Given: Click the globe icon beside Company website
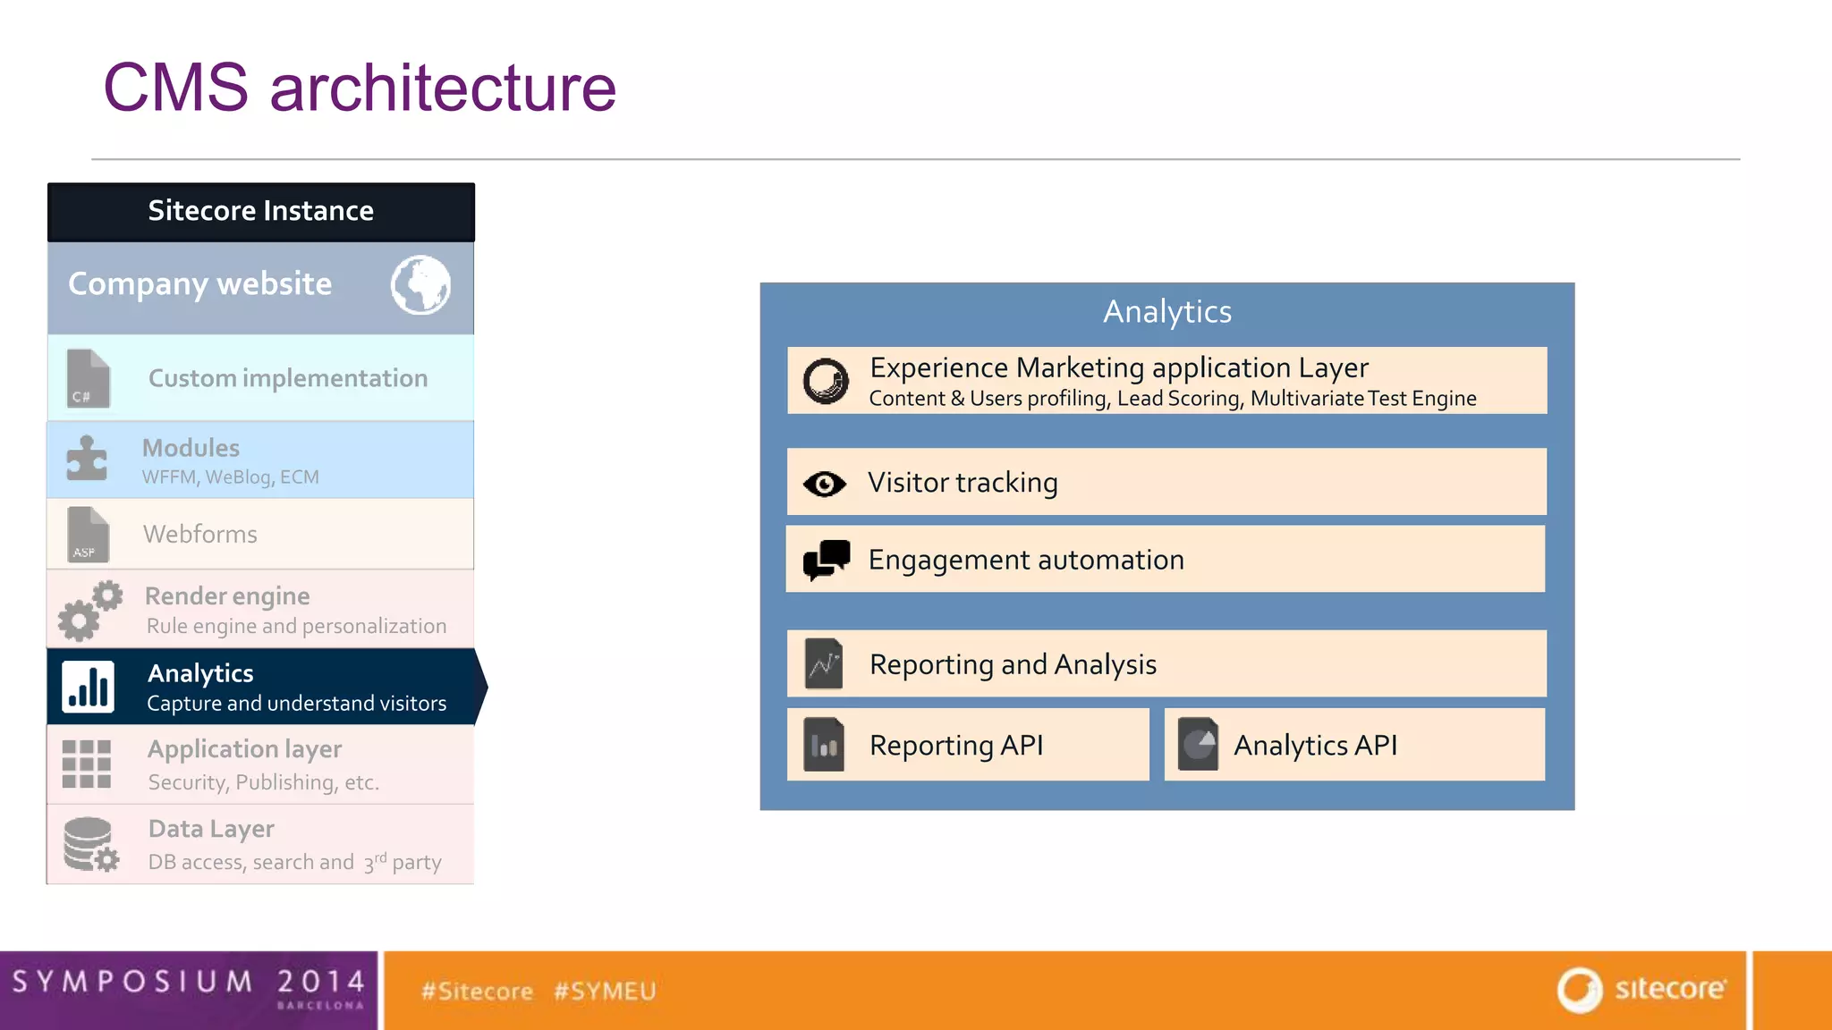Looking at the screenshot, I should tap(420, 285).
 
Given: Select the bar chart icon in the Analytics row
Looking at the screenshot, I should tap(88, 687).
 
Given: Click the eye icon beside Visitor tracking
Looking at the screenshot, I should tap(824, 484).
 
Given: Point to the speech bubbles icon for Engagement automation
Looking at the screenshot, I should tap(826, 560).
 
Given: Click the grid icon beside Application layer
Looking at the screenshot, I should tap(87, 764).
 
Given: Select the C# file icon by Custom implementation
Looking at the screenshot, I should tap(88, 378).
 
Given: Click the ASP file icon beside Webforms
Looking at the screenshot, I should tap(88, 535).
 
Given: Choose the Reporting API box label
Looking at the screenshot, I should tap(955, 745).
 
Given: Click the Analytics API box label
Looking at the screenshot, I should tap(1315, 745).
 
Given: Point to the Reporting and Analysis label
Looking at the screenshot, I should tap(1013, 664).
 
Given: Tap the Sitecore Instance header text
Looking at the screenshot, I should tap(260, 211).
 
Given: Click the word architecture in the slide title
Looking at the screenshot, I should tap(443, 88).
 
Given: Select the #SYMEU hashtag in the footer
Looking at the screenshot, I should tap(605, 991).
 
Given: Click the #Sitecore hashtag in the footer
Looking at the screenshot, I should tap(477, 991).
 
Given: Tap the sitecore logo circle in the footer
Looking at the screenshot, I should tap(1579, 990).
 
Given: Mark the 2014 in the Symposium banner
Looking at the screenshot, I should tap(320, 981).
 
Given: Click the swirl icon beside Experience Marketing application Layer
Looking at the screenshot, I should tap(825, 381).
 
